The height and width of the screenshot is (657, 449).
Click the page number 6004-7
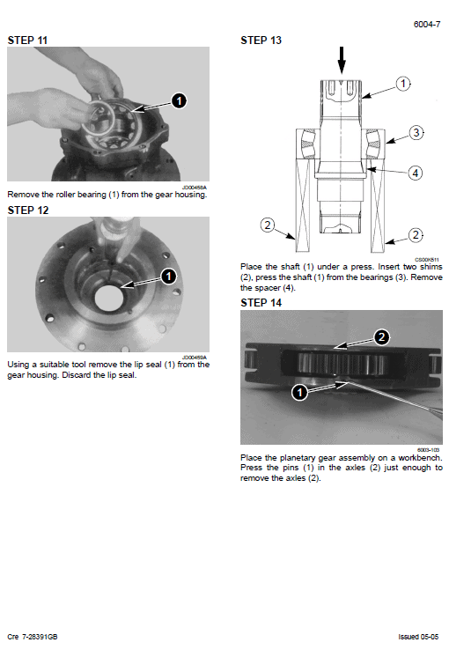427,25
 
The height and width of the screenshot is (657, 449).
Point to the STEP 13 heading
261,41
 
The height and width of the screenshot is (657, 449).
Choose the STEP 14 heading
261,303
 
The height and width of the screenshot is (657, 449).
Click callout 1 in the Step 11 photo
179,101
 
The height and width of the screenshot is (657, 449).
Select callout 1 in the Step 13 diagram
402,84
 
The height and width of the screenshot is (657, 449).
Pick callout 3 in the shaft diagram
416,133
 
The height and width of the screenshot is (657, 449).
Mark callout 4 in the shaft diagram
415,173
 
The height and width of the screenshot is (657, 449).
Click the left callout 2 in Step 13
267,225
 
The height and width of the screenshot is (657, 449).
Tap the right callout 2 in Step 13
416,235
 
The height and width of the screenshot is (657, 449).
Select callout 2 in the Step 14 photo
381,336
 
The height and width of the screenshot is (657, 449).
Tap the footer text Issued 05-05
420,636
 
